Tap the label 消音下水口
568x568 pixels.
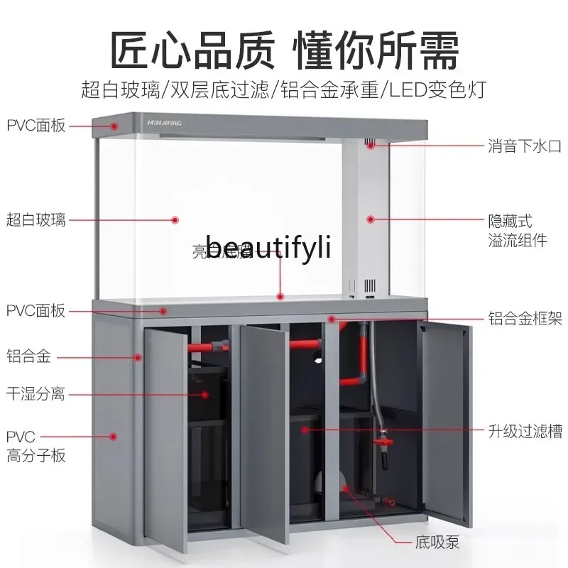[524, 147]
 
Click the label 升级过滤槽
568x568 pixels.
[524, 430]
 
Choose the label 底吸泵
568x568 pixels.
[437, 544]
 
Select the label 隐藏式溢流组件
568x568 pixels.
[517, 231]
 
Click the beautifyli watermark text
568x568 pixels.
[268, 247]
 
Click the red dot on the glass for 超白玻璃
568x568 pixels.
[175, 220]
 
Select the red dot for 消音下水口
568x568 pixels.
[371, 146]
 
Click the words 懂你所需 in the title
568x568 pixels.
[376, 50]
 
